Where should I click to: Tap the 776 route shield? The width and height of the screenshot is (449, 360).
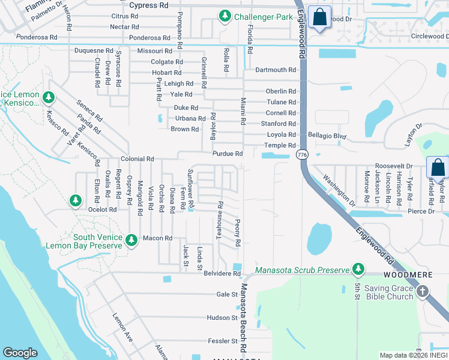[301, 155]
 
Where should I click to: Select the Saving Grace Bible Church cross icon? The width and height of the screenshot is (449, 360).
[423, 292]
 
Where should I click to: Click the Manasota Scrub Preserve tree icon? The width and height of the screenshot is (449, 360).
[358, 269]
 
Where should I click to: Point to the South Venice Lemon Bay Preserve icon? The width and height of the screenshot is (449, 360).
[132, 240]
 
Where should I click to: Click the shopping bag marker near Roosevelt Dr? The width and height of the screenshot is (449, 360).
[437, 167]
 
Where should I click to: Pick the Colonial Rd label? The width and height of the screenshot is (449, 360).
[137, 159]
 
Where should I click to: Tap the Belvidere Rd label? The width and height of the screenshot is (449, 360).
[221, 274]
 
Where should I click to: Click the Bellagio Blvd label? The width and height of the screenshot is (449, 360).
[327, 136]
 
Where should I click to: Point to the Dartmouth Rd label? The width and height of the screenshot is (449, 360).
[276, 70]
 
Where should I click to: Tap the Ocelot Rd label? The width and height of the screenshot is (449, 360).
[102, 209]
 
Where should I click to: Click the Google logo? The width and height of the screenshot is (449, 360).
[20, 353]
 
